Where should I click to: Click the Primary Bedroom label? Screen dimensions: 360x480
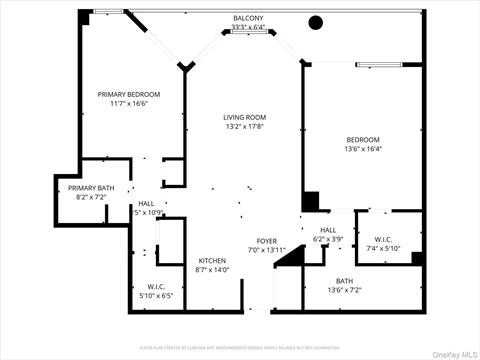[x=128, y=94]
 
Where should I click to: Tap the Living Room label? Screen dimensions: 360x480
[x=244, y=117]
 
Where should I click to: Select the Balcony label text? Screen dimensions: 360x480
[x=249, y=18]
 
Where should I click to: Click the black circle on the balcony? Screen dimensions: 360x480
[x=316, y=22]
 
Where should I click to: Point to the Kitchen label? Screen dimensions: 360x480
[x=212, y=260]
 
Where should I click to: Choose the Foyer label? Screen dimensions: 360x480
[x=267, y=241]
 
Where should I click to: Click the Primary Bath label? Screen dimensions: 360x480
[x=89, y=188]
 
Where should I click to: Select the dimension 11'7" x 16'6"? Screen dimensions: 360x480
[x=128, y=103]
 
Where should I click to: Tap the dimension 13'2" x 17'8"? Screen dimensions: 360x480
[x=244, y=127]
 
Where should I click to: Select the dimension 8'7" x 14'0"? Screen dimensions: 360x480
[x=212, y=269]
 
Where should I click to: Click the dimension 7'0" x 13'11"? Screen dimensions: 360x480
[x=267, y=250]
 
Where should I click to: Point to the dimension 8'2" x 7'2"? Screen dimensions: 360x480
[x=89, y=197]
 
